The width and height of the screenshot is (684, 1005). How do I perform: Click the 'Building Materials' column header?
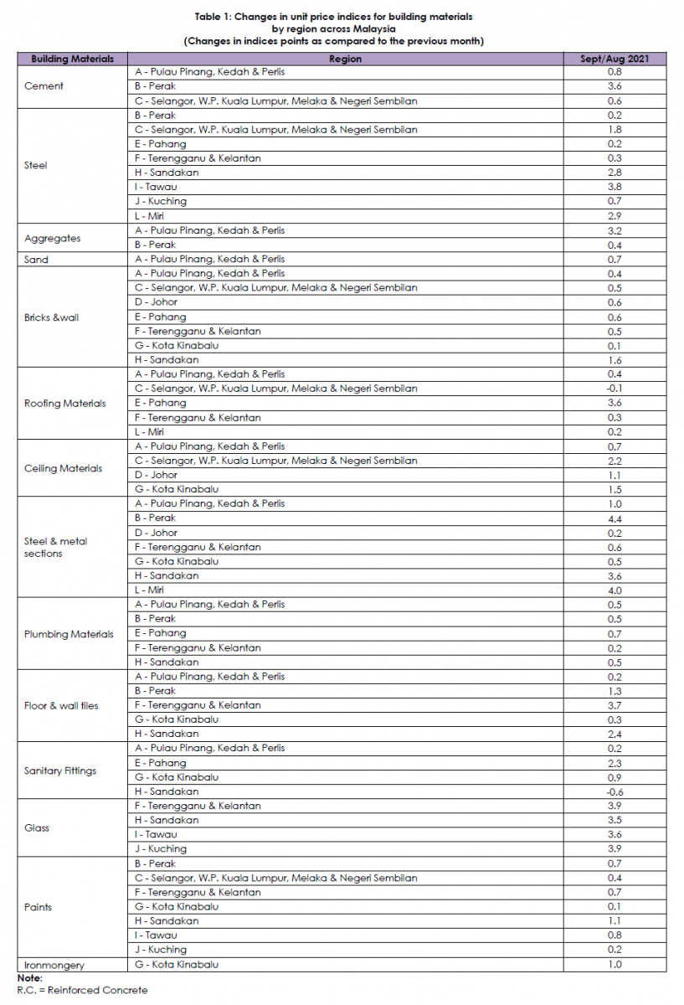tap(72, 59)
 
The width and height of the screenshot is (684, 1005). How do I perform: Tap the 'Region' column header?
tap(345, 59)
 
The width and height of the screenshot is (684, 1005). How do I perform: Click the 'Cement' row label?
tap(44, 86)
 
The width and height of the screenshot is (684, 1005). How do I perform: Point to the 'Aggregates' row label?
tap(53, 238)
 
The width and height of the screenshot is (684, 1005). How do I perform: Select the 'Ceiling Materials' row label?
tap(64, 468)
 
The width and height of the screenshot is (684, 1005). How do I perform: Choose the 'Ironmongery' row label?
tap(54, 965)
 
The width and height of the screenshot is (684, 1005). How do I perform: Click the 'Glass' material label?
tap(37, 827)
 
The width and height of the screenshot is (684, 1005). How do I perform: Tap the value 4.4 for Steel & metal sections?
tap(615, 518)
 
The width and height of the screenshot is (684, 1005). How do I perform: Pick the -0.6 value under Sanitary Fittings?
tap(615, 791)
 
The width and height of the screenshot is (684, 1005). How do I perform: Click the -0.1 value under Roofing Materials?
tap(615, 389)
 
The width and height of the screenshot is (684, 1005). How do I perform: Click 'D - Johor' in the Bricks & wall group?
tap(156, 302)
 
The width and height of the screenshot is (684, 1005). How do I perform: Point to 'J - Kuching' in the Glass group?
tap(161, 849)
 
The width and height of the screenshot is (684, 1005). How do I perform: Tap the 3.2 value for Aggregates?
tap(615, 230)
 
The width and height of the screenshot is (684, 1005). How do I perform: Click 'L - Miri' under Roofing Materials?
tap(151, 432)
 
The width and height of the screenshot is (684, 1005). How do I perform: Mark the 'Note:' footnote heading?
tap(29, 977)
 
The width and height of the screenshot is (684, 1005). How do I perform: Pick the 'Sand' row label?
tap(37, 260)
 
